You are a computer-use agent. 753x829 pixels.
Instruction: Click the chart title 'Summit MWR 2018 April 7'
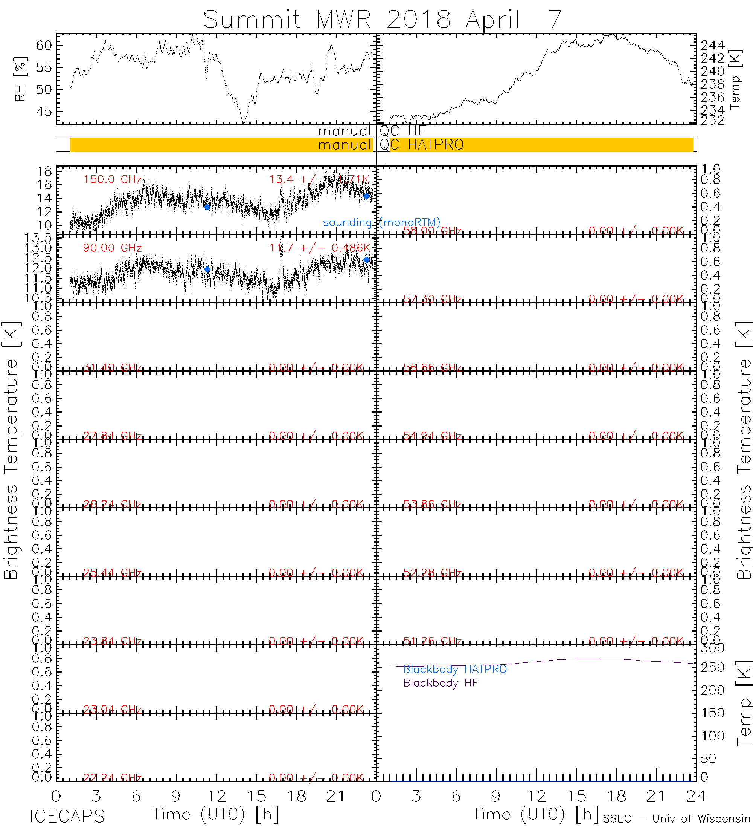382,19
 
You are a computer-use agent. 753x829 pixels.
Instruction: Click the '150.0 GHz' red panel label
112,180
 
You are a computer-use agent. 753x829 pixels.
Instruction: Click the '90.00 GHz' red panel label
112,248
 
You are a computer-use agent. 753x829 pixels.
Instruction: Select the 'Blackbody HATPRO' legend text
455,670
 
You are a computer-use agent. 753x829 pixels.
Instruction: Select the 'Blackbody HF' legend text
441,683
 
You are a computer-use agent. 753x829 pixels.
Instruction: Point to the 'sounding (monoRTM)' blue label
381,222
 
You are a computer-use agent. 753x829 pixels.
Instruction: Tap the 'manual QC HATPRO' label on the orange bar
390,145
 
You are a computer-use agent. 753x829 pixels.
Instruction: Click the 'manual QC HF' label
371,131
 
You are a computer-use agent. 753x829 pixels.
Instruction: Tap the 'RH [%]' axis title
20,79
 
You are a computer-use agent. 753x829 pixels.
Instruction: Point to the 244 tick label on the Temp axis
712,45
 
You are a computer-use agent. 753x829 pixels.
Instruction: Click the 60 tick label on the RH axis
44,45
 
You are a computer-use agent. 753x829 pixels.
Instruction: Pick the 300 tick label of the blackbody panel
712,648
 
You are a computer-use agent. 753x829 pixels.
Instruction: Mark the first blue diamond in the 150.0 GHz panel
207,207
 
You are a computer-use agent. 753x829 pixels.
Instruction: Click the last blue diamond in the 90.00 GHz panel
366,260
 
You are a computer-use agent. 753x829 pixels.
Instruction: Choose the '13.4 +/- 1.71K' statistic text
319,180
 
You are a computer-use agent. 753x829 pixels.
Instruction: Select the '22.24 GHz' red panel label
112,778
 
